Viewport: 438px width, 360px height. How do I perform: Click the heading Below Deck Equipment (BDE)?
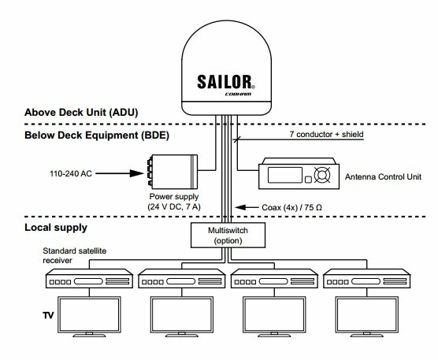point(85,136)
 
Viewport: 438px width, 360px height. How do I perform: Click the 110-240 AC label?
point(66,169)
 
